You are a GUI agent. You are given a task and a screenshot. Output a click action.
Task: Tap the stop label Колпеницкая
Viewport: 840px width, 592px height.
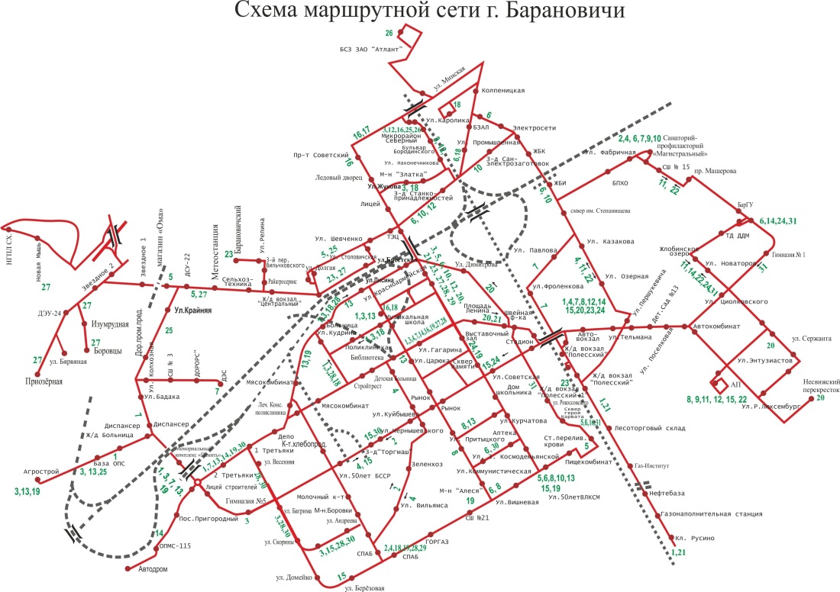pos(504,91)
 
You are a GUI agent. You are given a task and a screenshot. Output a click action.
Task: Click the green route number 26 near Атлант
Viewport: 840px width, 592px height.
pos(389,33)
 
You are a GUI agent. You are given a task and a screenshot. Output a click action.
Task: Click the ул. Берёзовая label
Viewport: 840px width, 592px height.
pos(363,588)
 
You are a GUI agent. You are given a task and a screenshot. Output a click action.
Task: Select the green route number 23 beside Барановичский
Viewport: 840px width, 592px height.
pos(228,254)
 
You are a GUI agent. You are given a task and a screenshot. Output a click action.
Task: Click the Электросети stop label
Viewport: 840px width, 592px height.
pos(534,128)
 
